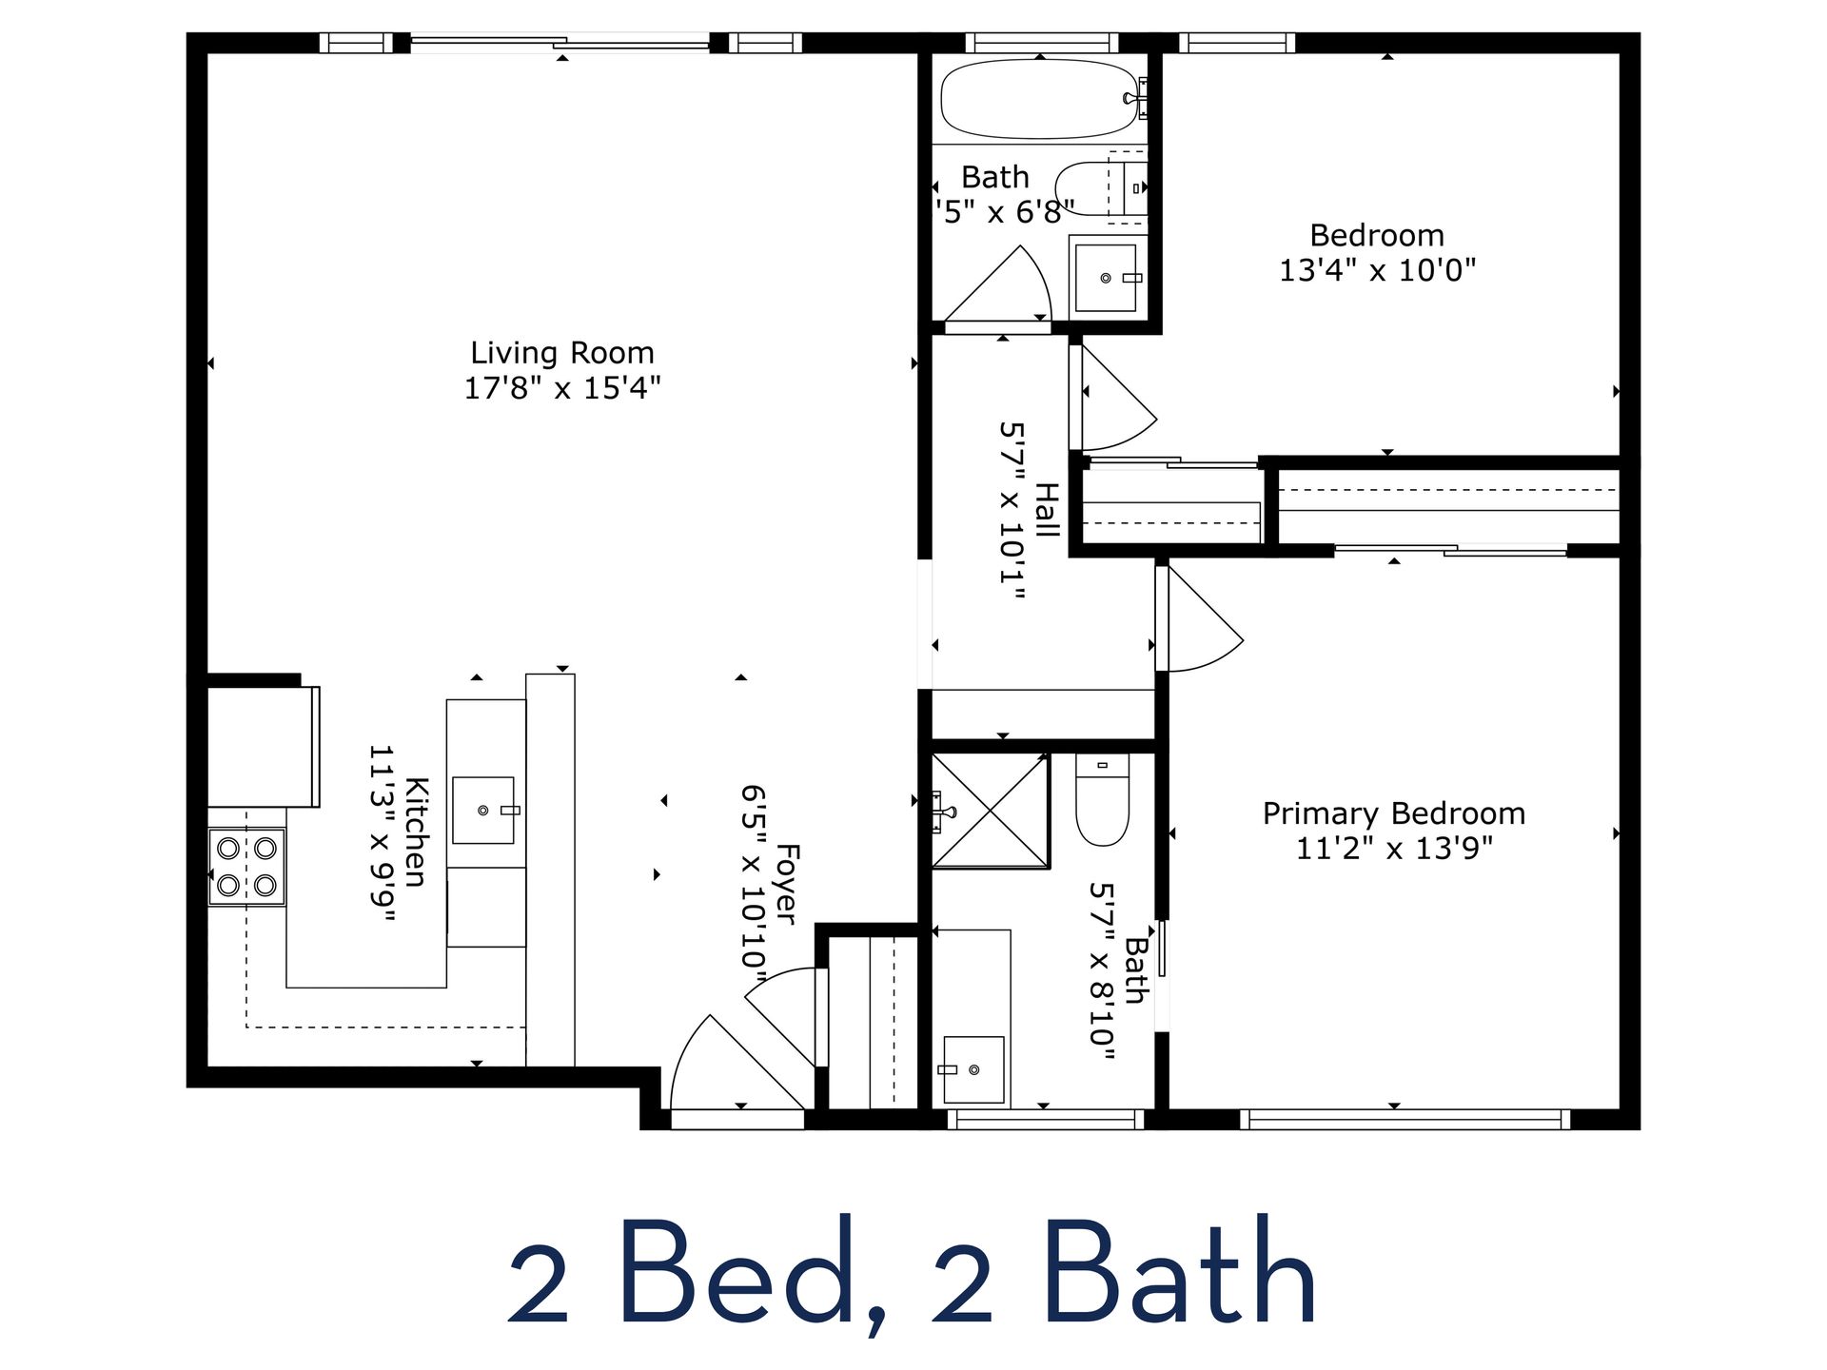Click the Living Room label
click(x=561, y=353)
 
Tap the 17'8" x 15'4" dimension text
click(x=561, y=388)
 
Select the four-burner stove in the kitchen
click(x=246, y=866)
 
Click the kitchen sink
click(x=483, y=810)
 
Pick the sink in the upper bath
click(x=1105, y=278)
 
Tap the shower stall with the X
click(x=990, y=811)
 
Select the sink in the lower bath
click(x=973, y=1069)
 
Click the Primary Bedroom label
click(x=1393, y=813)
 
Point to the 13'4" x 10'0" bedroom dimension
click(x=1376, y=270)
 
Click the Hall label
click(x=1046, y=510)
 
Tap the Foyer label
click(x=786, y=883)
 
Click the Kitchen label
click(x=416, y=832)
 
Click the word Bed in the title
click(x=737, y=1272)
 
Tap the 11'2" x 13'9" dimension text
click(x=1393, y=848)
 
